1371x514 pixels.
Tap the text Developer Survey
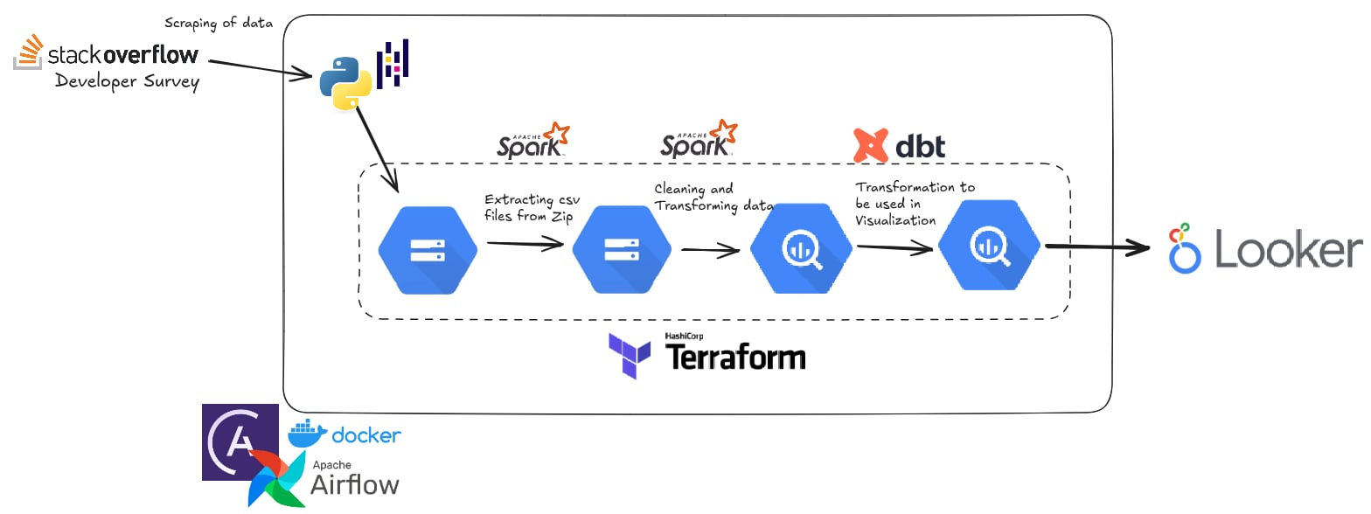pyautogui.click(x=127, y=82)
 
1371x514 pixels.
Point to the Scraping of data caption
pyautogui.click(x=219, y=23)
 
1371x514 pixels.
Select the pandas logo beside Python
pyautogui.click(x=393, y=63)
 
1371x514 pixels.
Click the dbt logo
pyautogui.click(x=899, y=145)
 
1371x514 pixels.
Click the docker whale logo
pyautogui.click(x=344, y=433)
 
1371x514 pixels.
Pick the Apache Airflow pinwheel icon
pyautogui.click(x=276, y=480)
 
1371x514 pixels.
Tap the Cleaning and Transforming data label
pyautogui.click(x=713, y=198)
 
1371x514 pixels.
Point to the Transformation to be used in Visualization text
pyautogui.click(x=915, y=204)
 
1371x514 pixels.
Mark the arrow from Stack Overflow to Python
pyautogui.click(x=260, y=69)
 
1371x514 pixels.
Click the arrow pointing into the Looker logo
pyautogui.click(x=1097, y=248)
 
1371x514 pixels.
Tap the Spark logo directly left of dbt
pyautogui.click(x=698, y=140)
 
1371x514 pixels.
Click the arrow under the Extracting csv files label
pyautogui.click(x=525, y=246)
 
